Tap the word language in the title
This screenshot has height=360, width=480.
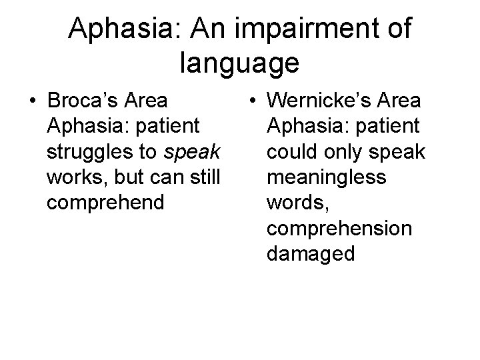pyautogui.click(x=239, y=63)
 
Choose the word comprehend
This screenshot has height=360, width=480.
pyautogui.click(x=105, y=203)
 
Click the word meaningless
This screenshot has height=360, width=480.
pyautogui.click(x=325, y=177)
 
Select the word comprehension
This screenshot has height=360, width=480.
pyautogui.click(x=339, y=228)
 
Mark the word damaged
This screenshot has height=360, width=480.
pyautogui.click(x=310, y=253)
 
